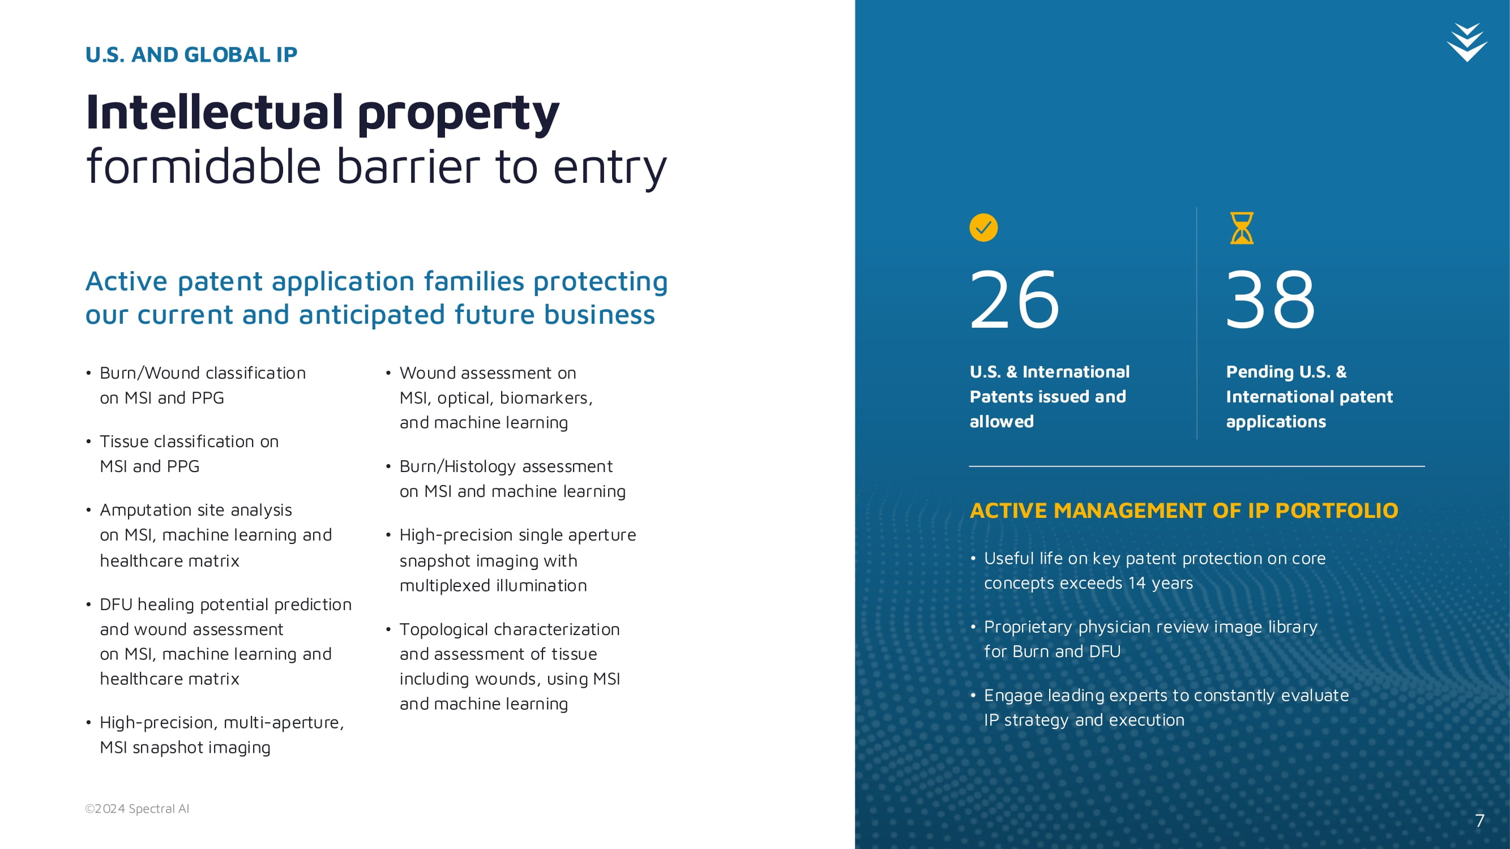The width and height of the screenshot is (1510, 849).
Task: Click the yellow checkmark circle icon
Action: (x=983, y=228)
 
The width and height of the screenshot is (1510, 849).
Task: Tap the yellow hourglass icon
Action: (x=1242, y=228)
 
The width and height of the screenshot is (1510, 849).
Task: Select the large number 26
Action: (x=1015, y=299)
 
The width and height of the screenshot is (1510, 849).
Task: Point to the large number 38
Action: (x=1271, y=299)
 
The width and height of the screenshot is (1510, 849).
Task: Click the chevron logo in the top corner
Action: (x=1467, y=42)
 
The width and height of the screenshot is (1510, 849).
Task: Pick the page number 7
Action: (x=1479, y=820)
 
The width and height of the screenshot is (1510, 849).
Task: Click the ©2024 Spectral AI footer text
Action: (x=137, y=809)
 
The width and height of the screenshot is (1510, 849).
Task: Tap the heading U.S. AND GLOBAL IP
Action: (x=191, y=54)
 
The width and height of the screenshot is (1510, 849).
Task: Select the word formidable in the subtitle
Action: (x=203, y=166)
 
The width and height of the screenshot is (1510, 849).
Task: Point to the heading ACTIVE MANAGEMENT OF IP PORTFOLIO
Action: (x=1184, y=511)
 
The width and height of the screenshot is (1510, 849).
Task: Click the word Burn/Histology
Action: (x=459, y=466)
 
